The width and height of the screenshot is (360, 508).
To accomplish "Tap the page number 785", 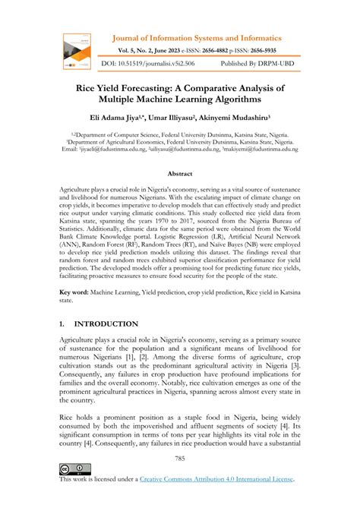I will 180,458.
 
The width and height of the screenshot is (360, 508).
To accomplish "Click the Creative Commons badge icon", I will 74,469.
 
